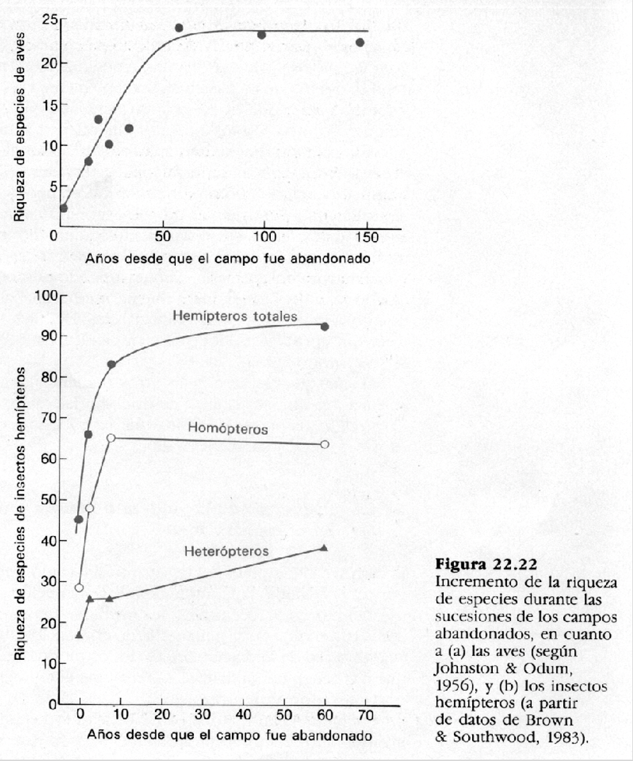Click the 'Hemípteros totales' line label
coord(235,316)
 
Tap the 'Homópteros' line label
coord(228,429)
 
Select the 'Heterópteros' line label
coord(227,552)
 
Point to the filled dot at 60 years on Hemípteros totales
coord(325,326)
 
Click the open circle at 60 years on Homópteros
coord(325,444)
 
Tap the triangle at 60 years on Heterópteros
coord(325,548)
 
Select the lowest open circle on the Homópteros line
coord(79,587)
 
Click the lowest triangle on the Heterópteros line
coord(79,634)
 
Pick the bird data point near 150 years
coord(360,42)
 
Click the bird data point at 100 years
coord(262,35)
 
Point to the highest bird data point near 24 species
coord(179,27)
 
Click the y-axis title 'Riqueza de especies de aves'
coord(20,126)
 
